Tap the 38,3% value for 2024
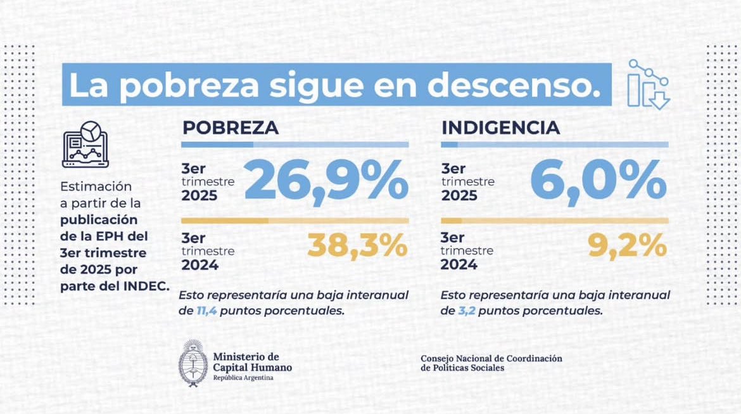(x=358, y=246)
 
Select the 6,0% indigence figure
(x=598, y=183)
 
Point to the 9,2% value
(x=627, y=246)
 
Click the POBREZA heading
(x=231, y=127)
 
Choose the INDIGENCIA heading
(x=500, y=127)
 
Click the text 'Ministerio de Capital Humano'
(x=252, y=362)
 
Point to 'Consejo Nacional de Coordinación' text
(x=491, y=359)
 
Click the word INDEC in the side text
(x=151, y=286)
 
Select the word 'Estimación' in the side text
(x=96, y=187)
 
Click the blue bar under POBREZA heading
(x=294, y=145)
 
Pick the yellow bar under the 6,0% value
(x=554, y=221)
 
